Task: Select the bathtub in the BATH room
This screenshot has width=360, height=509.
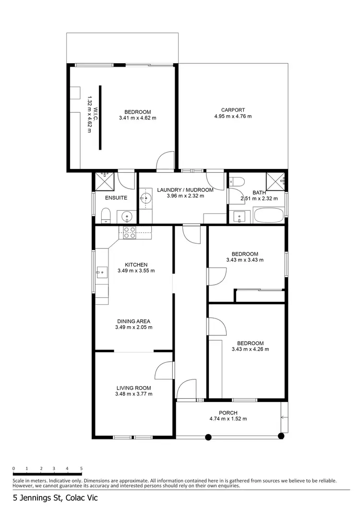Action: coord(269,215)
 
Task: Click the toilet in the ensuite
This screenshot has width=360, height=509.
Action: coord(107,215)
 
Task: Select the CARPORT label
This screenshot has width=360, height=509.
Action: coord(233,109)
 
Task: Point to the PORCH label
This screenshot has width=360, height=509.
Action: coord(228,413)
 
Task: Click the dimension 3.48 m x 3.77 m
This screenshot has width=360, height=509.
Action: coord(133,394)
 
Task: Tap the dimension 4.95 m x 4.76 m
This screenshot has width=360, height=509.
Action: coord(233,116)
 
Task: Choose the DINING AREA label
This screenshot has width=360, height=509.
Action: coord(133,321)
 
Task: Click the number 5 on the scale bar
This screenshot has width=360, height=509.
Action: coord(82,468)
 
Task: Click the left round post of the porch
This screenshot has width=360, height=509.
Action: coord(208,437)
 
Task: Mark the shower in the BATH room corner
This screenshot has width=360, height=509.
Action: coord(276,180)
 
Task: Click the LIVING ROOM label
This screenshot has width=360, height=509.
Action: coord(133,388)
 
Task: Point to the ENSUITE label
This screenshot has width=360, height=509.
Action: coord(116,198)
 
